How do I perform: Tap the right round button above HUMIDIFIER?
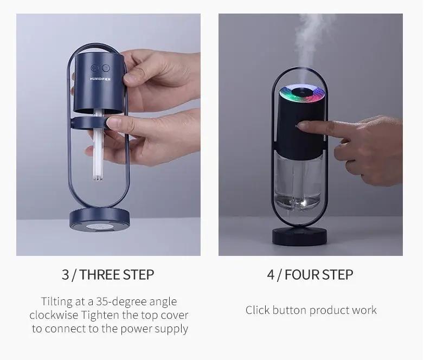pos(105,69)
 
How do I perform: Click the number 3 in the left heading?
pos(65,274)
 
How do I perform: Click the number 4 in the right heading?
pos(271,274)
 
